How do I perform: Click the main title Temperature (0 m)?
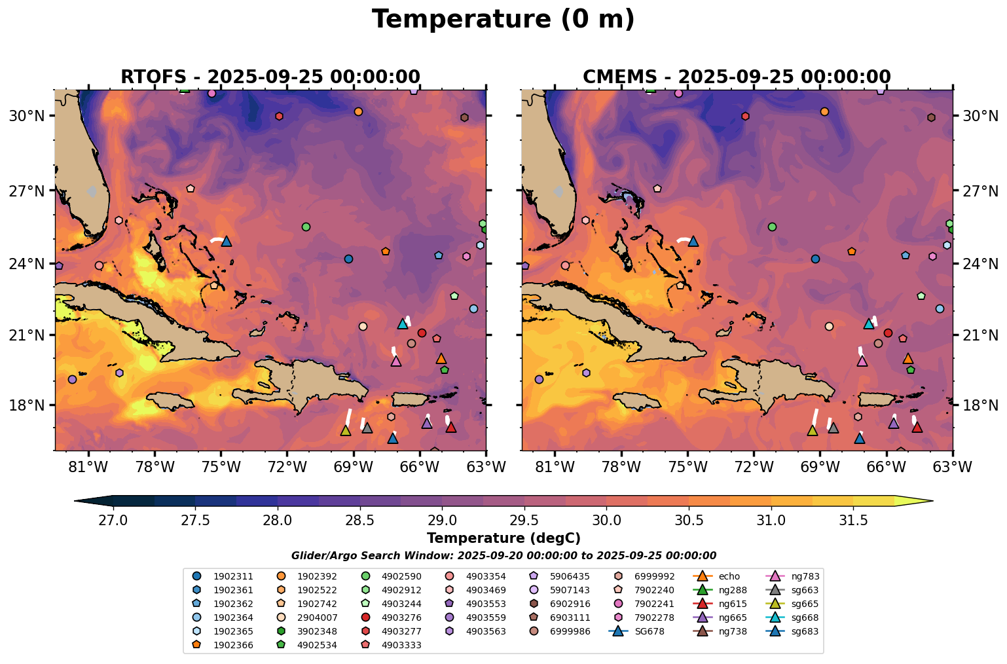click(503, 20)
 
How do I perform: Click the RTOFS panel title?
click(270, 77)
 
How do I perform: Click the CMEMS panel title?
click(737, 77)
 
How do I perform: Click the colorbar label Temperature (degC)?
click(503, 538)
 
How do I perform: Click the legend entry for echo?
click(728, 576)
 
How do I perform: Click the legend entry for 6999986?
click(570, 631)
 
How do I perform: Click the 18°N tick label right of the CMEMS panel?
click(979, 405)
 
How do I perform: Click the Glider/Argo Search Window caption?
click(503, 555)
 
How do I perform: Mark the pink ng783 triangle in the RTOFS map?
click(395, 361)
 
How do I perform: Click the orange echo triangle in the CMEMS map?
click(907, 358)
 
